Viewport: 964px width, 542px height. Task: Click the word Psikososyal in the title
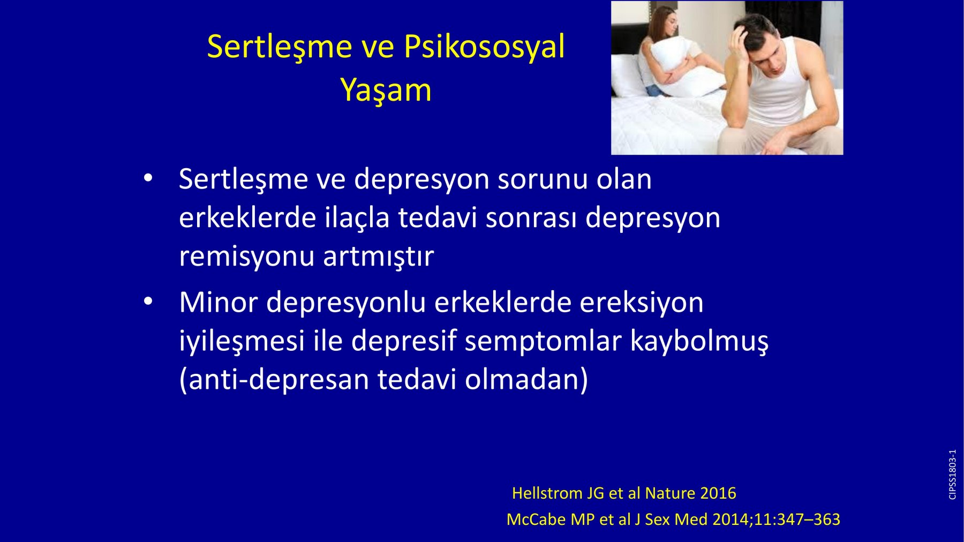click(x=484, y=47)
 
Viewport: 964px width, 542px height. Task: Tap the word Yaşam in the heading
click(x=386, y=90)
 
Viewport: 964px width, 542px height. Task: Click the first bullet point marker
click(x=148, y=179)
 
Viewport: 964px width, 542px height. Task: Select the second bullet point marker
click(x=148, y=302)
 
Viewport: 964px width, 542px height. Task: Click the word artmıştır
click(x=378, y=256)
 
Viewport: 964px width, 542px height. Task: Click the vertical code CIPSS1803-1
click(x=952, y=475)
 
